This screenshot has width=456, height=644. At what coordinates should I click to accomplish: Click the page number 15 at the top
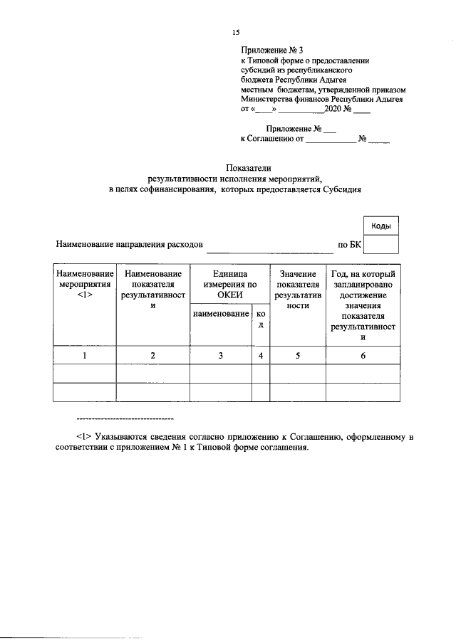(x=237, y=33)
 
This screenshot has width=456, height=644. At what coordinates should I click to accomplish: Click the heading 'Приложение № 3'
(x=271, y=51)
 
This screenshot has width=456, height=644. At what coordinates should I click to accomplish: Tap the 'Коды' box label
(x=380, y=226)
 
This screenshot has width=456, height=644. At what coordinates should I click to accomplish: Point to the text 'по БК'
(x=349, y=246)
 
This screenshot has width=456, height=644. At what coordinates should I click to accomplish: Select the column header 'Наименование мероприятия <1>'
(x=85, y=284)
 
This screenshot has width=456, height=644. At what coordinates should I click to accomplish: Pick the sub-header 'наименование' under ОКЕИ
(x=220, y=314)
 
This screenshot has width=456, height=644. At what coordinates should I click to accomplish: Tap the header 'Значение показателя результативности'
(x=297, y=289)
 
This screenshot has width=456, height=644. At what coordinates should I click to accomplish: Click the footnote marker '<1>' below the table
(x=83, y=436)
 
